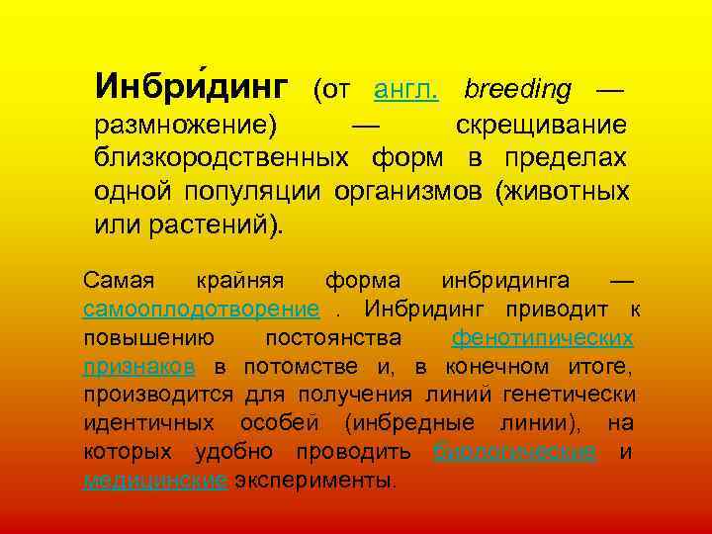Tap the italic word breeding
[517, 90]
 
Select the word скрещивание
[541, 127]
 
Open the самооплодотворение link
[201, 311]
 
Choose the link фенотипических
[542, 338]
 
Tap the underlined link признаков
[138, 367]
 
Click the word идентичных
[148, 424]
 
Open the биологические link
[515, 453]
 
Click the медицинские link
[155, 481]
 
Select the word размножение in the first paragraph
[183, 127]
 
